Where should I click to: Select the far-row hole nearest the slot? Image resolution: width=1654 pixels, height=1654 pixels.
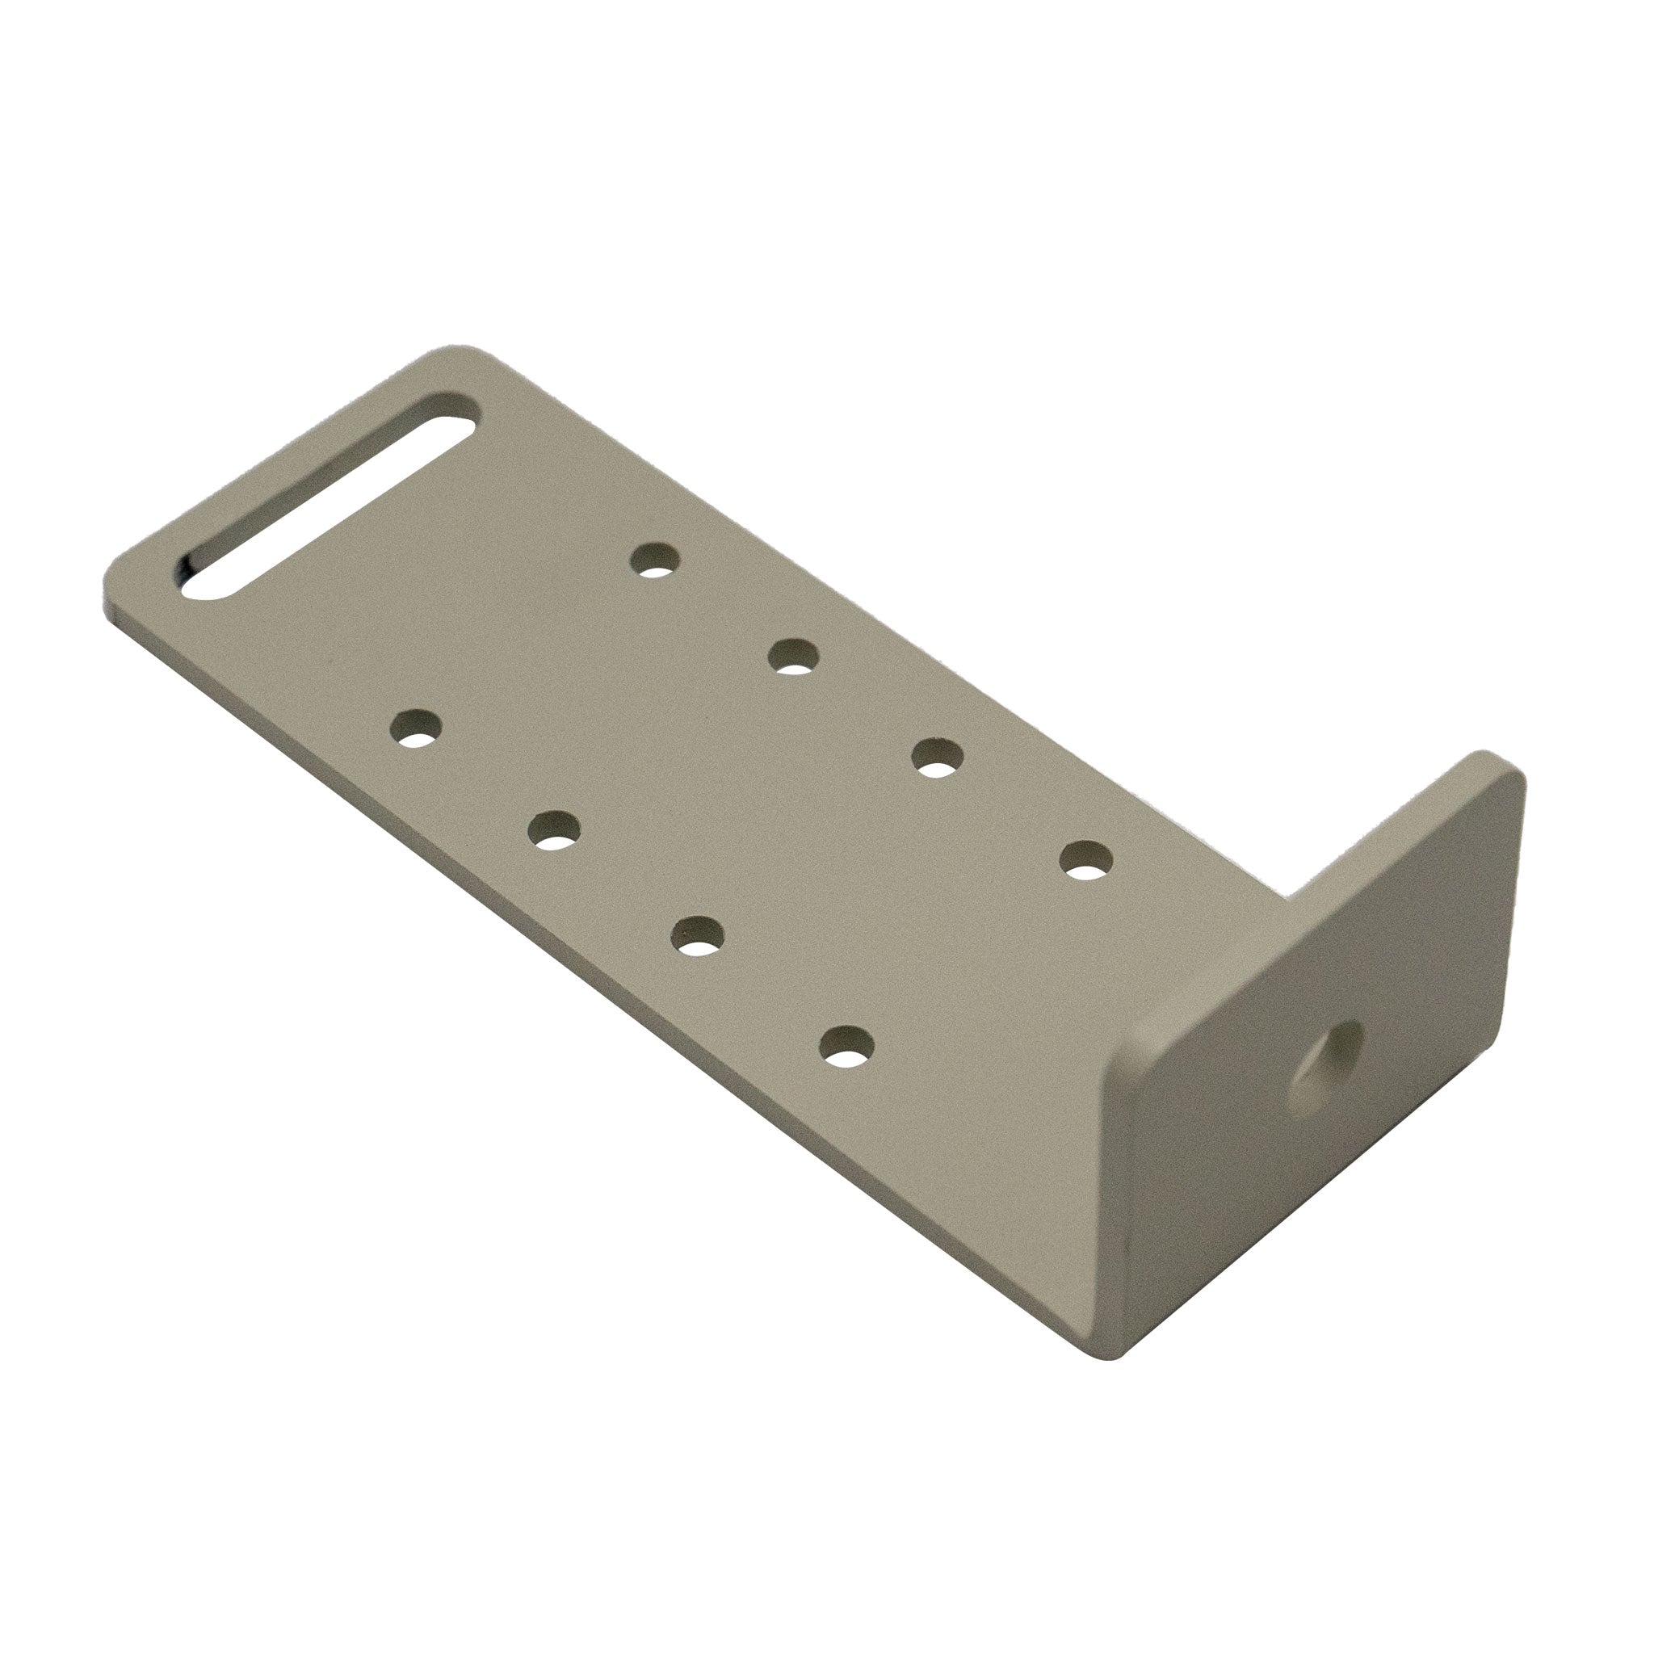click(655, 561)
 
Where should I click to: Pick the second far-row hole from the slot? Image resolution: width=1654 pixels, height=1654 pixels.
click(794, 657)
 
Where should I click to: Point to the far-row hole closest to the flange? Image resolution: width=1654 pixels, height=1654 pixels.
click(1085, 859)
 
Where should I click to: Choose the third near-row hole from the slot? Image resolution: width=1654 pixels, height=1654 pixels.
click(697, 936)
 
